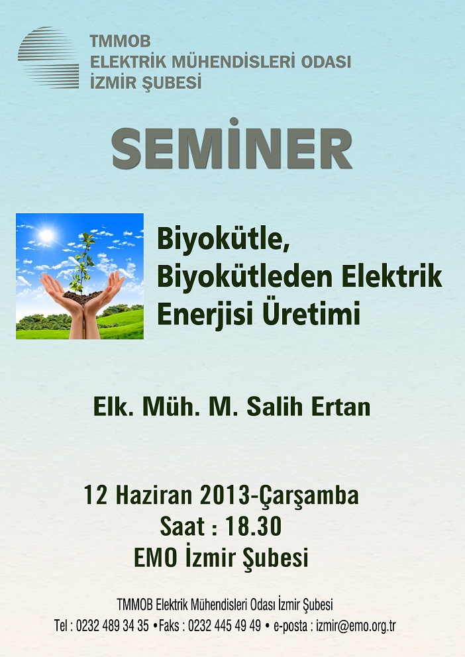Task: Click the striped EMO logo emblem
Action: [x=48, y=58]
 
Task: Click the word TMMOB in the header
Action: [x=121, y=42]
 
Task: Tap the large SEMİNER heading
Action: [x=232, y=145]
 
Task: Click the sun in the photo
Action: [x=46, y=236]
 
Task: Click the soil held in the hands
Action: [x=82, y=297]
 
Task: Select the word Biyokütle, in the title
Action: [x=224, y=240]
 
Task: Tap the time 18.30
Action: [x=254, y=527]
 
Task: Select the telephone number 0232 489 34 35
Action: [x=112, y=626]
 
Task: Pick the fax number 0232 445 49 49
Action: [x=225, y=626]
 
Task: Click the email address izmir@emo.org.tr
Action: [x=356, y=627]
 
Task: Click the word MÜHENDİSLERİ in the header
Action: [x=234, y=62]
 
